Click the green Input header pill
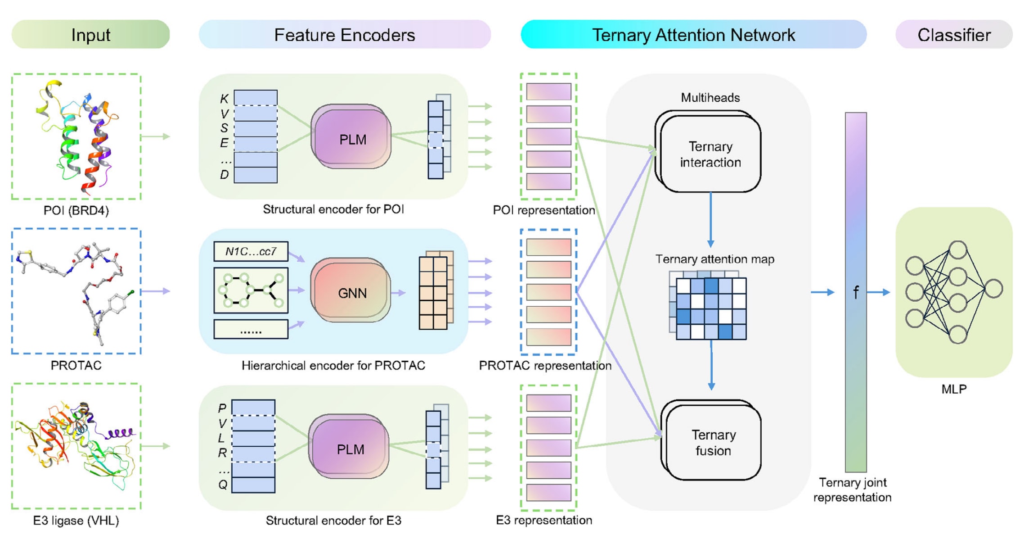click(90, 35)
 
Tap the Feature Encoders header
click(344, 35)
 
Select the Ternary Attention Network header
click(693, 35)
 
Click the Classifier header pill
click(954, 35)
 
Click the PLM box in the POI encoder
click(352, 139)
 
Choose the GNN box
click(352, 293)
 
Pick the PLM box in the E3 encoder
click(350, 449)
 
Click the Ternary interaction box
click(710, 154)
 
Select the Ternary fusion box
click(713, 443)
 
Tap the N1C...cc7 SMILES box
click(251, 251)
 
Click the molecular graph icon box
click(251, 290)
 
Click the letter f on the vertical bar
click(856, 293)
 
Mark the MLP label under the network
click(954, 389)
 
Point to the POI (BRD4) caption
click(76, 210)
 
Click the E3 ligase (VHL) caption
click(76, 521)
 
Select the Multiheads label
click(710, 98)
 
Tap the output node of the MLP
click(993, 289)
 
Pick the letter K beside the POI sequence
click(224, 99)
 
